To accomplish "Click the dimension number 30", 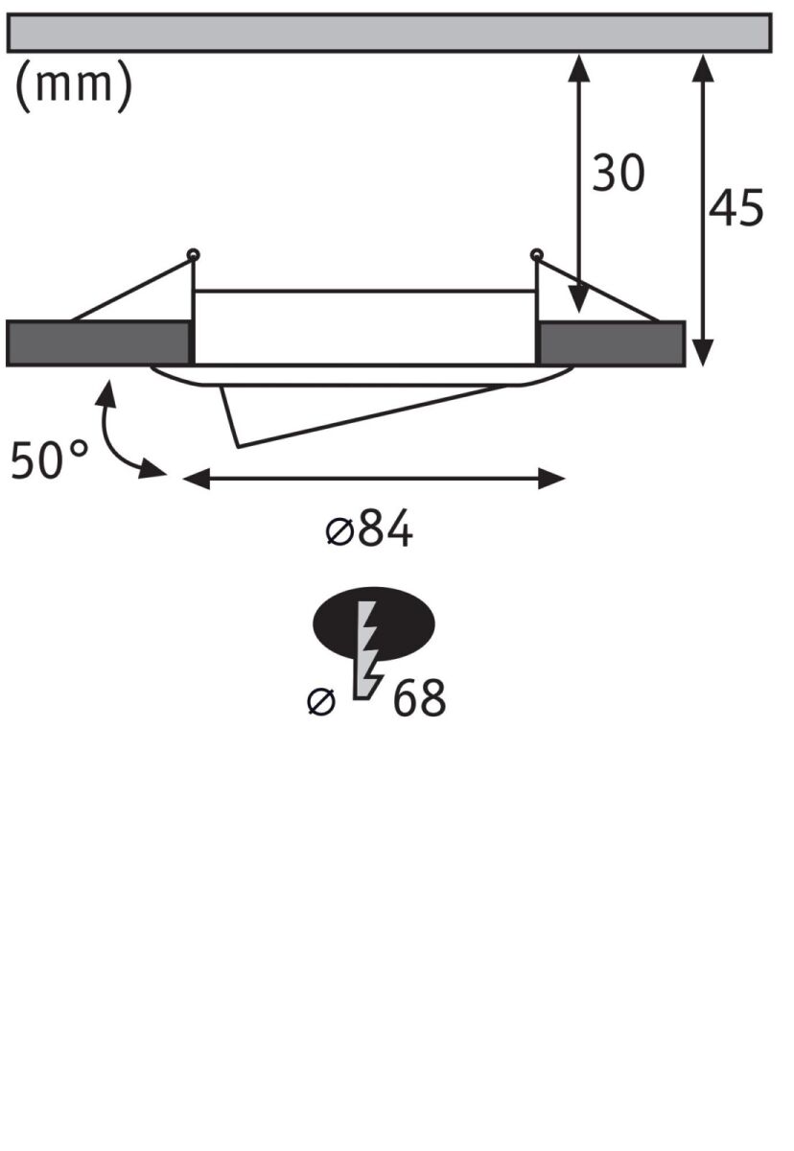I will [618, 174].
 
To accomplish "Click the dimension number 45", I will [736, 208].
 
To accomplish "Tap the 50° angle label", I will [49, 460].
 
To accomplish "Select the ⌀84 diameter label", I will [369, 529].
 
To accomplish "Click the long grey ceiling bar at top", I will [388, 32].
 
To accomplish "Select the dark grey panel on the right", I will [611, 343].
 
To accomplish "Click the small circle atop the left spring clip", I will [194, 254].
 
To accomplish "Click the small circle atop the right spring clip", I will [536, 254].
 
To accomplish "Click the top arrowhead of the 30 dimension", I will [579, 64].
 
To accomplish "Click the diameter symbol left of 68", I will [321, 702].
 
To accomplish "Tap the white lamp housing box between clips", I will [364, 326].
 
